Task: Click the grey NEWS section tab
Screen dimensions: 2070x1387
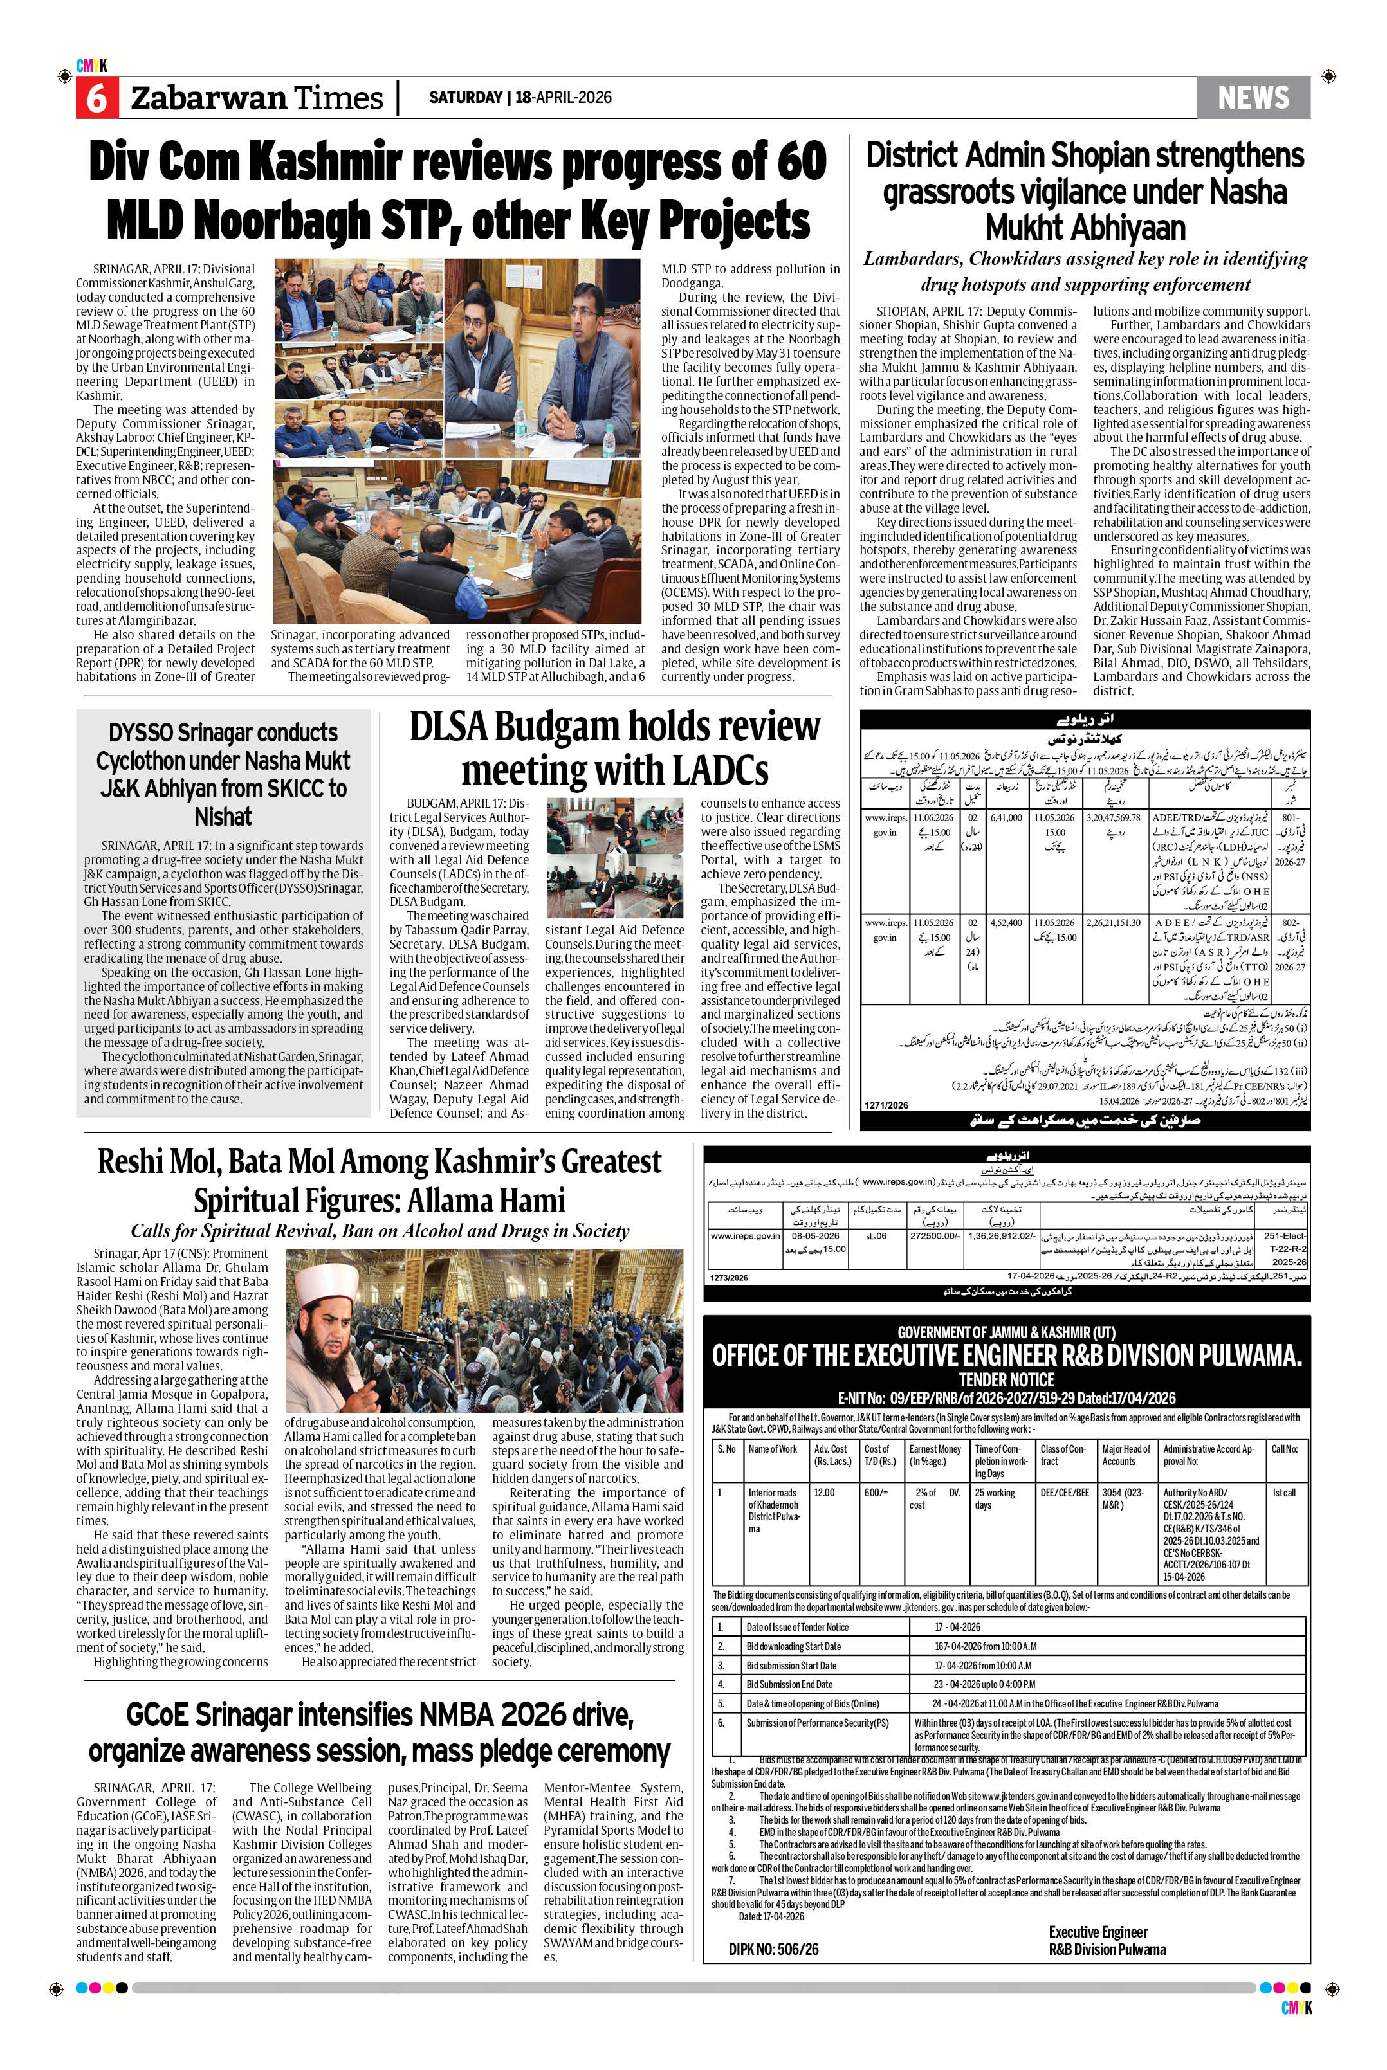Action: [1253, 97]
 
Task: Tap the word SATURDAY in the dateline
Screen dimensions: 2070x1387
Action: [465, 97]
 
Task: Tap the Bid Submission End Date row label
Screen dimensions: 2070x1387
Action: [789, 1684]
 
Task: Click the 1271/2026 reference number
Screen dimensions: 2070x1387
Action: [886, 1105]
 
